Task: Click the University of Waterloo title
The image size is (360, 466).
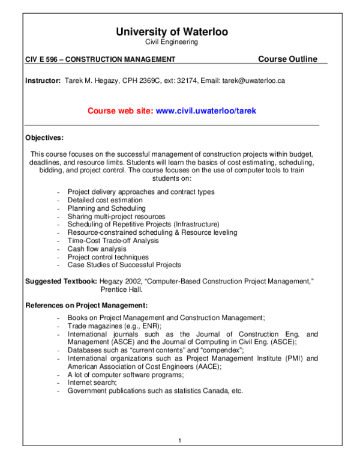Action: pos(172,32)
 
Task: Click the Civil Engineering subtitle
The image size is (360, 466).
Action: pos(172,42)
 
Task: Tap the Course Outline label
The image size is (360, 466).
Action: pos(287,59)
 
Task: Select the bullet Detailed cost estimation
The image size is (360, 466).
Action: pos(105,200)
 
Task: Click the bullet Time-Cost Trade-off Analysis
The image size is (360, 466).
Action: pos(113,240)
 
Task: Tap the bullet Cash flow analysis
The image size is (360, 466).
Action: pos(97,249)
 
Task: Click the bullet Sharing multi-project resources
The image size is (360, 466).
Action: pos(116,216)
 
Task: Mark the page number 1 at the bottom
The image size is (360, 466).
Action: pos(179,441)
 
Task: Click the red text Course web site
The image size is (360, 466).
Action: pos(120,111)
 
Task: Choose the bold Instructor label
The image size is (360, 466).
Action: pos(43,80)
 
